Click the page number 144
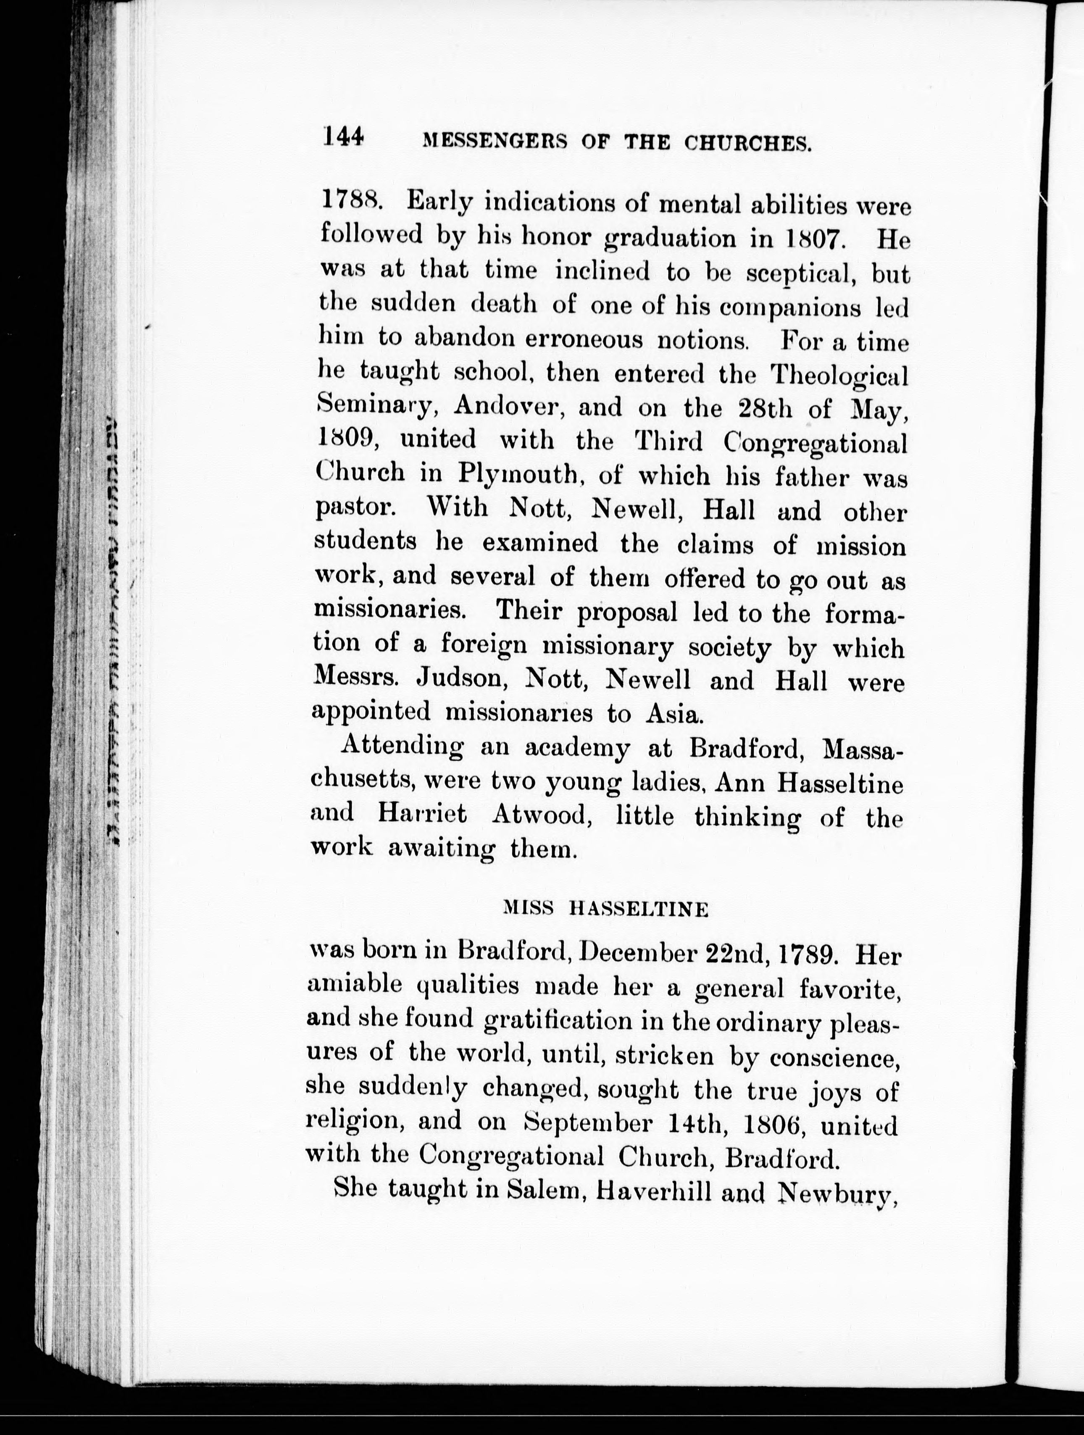pos(344,137)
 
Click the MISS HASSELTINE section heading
pos(606,909)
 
